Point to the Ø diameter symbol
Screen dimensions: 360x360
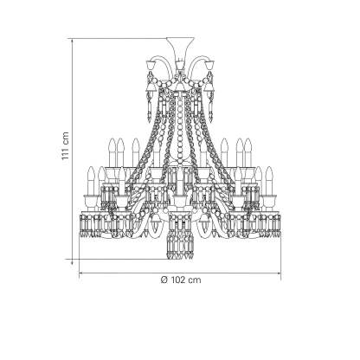tap(164, 280)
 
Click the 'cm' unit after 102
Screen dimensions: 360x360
tap(195, 280)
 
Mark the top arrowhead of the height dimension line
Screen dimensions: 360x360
tap(72, 41)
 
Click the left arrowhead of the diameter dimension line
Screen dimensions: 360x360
tap(82, 272)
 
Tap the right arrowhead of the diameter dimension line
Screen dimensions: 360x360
tap(278, 272)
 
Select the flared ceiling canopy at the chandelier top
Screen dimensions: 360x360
tap(180, 48)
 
